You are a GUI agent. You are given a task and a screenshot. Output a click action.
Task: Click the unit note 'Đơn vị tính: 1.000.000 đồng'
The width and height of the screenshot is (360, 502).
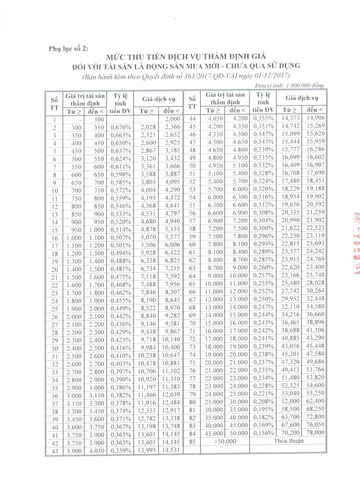pos(289,85)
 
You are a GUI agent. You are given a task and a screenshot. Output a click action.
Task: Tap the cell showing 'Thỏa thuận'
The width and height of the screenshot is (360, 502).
pos(287,441)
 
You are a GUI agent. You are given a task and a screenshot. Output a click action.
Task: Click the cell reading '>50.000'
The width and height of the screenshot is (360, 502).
pos(225,441)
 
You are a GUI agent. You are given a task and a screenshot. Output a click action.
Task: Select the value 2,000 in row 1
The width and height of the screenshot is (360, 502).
pos(171,120)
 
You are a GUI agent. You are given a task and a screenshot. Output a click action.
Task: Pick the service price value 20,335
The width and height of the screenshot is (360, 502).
pos(288,213)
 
